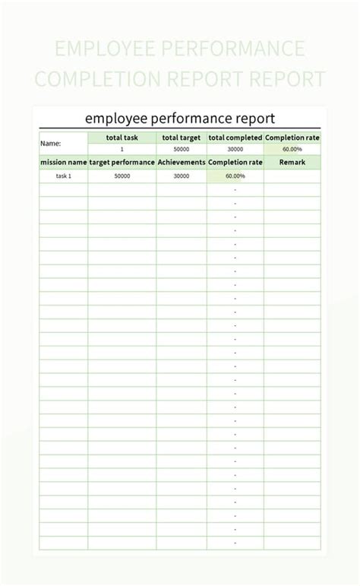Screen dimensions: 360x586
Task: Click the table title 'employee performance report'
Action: coord(180,119)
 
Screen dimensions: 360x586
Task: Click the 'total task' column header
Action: coord(122,138)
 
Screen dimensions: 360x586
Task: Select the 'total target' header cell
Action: coord(182,138)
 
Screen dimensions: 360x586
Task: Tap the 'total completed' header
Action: coord(235,138)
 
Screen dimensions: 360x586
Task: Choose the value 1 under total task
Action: coord(122,150)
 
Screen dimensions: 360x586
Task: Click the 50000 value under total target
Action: coord(182,150)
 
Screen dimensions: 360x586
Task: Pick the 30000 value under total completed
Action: coord(235,150)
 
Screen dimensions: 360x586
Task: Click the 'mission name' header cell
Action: coord(63,162)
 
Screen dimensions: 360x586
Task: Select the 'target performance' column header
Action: coord(122,162)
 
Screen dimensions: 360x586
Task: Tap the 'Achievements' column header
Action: coord(182,162)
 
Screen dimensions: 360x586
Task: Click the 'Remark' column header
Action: coord(292,162)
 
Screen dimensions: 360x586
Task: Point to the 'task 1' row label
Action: coord(63,176)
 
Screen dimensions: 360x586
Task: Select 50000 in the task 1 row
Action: coord(122,176)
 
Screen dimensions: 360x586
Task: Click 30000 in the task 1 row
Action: coord(182,176)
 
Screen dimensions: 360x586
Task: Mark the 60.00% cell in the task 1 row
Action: coord(235,176)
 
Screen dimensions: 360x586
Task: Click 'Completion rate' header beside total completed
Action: coord(292,138)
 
